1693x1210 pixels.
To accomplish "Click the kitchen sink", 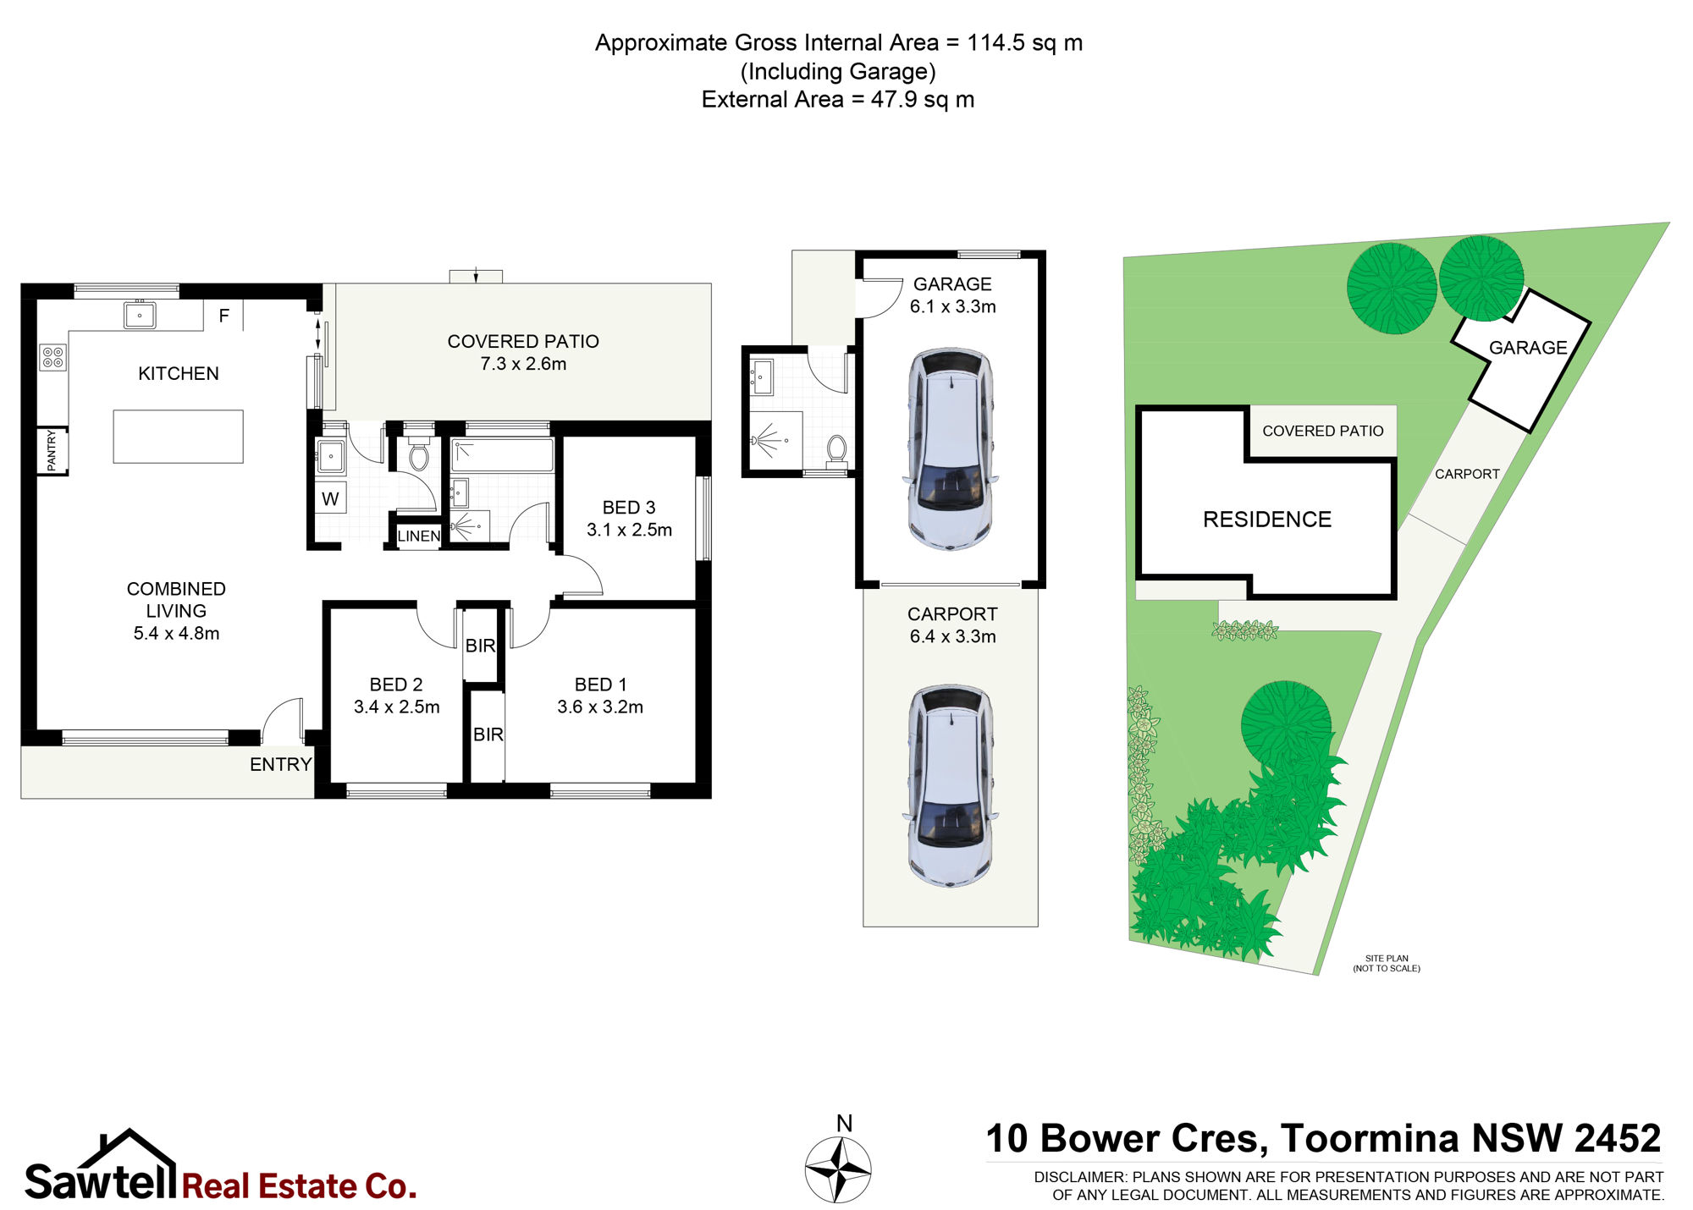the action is pyautogui.click(x=140, y=315).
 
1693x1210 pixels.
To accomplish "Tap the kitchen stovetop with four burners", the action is pyautogui.click(x=52, y=357).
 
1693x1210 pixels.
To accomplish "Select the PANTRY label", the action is pyautogui.click(x=52, y=450).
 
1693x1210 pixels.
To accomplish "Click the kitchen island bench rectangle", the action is pyautogui.click(x=178, y=437).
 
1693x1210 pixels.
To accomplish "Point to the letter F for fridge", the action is pyautogui.click(x=224, y=316).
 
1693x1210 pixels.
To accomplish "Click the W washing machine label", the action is pyautogui.click(x=330, y=499).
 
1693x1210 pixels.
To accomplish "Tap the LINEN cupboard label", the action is pyautogui.click(x=419, y=536).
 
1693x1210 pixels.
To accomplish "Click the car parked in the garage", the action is pyautogui.click(x=951, y=448).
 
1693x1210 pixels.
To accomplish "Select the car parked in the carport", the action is pyautogui.click(x=951, y=786).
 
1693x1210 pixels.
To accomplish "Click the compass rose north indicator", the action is pyautogui.click(x=838, y=1170).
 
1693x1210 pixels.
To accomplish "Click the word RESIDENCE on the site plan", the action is pyautogui.click(x=1267, y=520).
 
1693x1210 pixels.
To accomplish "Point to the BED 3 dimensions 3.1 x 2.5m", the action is pyautogui.click(x=629, y=530).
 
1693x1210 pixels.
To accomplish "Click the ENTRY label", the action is pyautogui.click(x=281, y=765).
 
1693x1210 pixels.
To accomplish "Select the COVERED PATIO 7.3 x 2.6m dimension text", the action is pyautogui.click(x=523, y=364).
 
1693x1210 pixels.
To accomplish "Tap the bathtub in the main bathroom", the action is pyautogui.click(x=502, y=454).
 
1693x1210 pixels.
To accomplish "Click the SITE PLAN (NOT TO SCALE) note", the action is pyautogui.click(x=1387, y=964).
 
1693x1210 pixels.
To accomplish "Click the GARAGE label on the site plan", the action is pyautogui.click(x=1528, y=348).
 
